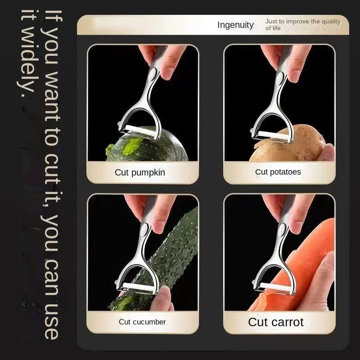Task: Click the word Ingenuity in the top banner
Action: (235, 25)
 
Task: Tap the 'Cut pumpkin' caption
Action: (140, 172)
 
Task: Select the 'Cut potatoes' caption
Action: (278, 172)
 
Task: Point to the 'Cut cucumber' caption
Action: (142, 322)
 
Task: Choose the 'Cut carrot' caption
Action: (276, 322)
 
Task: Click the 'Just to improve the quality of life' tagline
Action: (302, 25)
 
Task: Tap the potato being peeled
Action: (289, 144)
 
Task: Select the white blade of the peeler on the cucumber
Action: (138, 287)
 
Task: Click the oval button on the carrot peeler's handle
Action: (282, 230)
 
